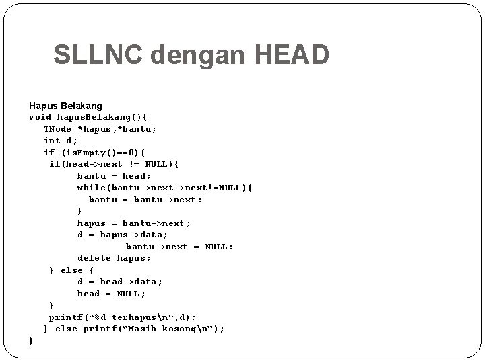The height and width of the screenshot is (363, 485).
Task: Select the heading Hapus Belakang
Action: click(65, 106)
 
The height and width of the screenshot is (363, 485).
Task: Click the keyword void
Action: click(40, 117)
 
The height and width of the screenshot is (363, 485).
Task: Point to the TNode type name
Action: click(58, 128)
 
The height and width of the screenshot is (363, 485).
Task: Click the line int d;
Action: click(61, 140)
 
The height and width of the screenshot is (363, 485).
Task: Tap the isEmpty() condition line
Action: click(94, 152)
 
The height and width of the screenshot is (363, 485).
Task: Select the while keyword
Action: click(91, 188)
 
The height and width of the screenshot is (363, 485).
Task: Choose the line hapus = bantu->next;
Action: click(134, 223)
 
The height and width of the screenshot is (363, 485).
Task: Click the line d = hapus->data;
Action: click(123, 235)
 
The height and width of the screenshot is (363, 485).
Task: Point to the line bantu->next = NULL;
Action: click(179, 247)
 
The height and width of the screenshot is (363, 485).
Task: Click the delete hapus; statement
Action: click(114, 258)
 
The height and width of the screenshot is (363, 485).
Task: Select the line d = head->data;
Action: click(120, 282)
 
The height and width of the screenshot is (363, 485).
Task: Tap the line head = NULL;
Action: click(111, 293)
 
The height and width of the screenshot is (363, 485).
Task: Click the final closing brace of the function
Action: click(31, 341)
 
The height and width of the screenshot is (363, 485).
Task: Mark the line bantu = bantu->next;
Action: click(145, 199)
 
